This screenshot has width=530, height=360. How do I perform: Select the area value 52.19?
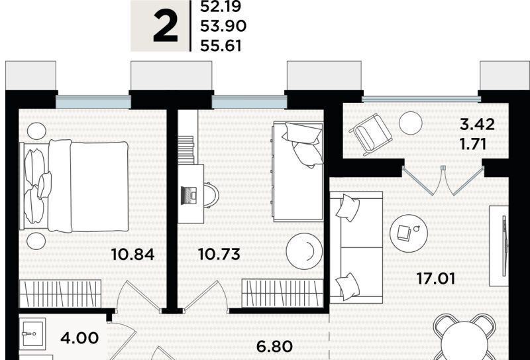click(221, 7)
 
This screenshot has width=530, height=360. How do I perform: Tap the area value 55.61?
click(221, 46)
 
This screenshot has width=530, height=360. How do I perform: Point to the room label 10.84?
click(133, 254)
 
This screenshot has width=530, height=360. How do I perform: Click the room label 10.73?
click(219, 254)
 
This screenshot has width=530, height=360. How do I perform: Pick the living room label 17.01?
click(435, 279)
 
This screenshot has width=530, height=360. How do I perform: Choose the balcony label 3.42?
click(478, 125)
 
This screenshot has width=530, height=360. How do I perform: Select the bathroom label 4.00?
click(79, 337)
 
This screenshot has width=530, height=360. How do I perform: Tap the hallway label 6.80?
click(274, 347)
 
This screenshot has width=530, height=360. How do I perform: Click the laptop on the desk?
click(189, 196)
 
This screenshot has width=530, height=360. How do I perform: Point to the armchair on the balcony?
click(370, 135)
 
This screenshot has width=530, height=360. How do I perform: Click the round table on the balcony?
click(411, 123)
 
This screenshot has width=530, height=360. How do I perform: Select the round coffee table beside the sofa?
click(409, 233)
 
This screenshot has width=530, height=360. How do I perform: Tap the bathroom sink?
click(32, 334)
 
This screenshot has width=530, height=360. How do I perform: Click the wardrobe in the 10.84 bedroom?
click(60, 294)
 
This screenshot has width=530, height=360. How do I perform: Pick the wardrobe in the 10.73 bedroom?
click(283, 293)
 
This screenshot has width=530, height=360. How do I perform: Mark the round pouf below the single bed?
click(304, 251)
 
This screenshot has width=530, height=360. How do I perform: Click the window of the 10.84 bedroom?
click(93, 102)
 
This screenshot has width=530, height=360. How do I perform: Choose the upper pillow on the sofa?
click(347, 208)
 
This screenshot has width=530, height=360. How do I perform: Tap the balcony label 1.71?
click(473, 144)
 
